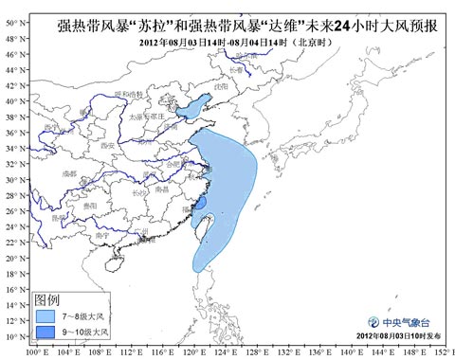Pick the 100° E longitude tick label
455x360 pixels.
pos(37,353)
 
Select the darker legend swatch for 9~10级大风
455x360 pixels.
pos(50,332)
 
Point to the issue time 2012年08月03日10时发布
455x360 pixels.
pos(399,337)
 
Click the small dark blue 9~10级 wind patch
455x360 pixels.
pos(200,204)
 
